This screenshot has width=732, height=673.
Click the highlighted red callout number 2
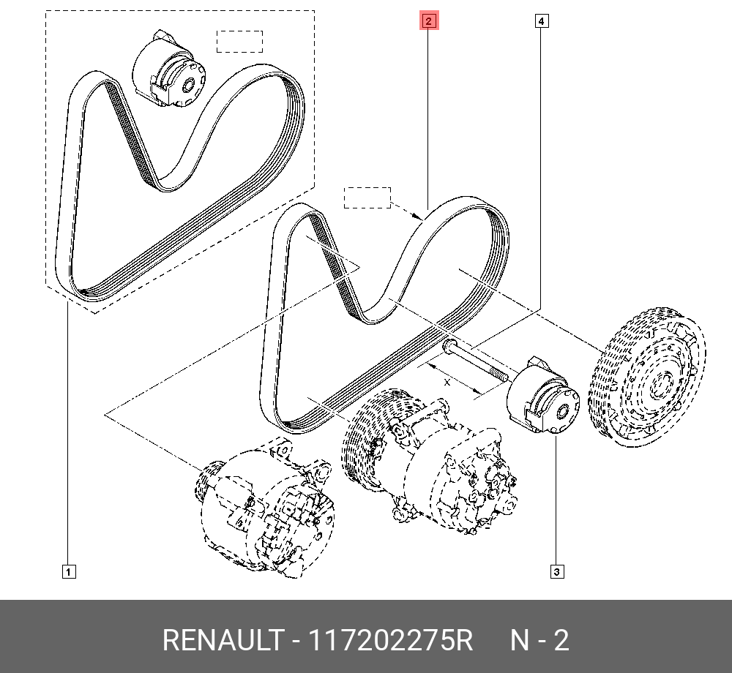pyautogui.click(x=428, y=21)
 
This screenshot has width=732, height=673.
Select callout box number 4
pyautogui.click(x=540, y=21)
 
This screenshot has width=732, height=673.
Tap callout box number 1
pyautogui.click(x=67, y=571)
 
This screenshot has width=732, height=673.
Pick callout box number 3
pyautogui.click(x=557, y=571)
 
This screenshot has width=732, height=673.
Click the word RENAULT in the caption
pyautogui.click(x=221, y=641)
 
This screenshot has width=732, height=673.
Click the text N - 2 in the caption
pyautogui.click(x=539, y=641)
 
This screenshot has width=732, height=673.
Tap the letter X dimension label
pyautogui.click(x=447, y=382)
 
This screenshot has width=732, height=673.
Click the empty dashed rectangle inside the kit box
pyautogui.click(x=239, y=41)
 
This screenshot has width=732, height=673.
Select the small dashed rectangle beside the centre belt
pyautogui.click(x=367, y=198)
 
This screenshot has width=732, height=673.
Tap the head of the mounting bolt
pyautogui.click(x=448, y=345)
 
